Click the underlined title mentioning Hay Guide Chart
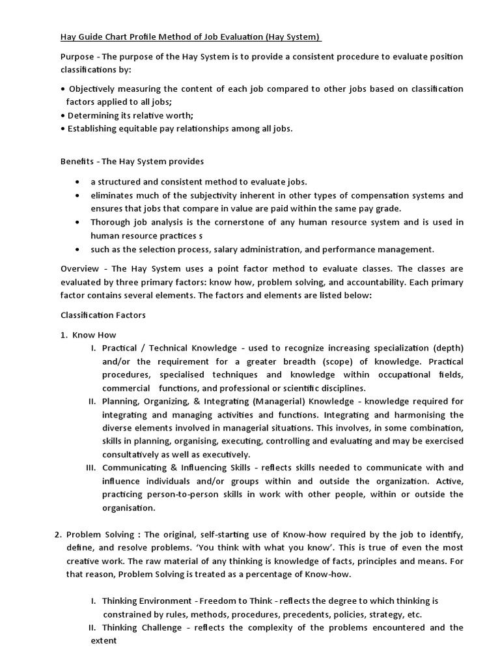191,37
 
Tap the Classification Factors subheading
103,315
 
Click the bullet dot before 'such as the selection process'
78,249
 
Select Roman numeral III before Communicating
90,468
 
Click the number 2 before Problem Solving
57,534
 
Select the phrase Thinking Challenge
143,628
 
